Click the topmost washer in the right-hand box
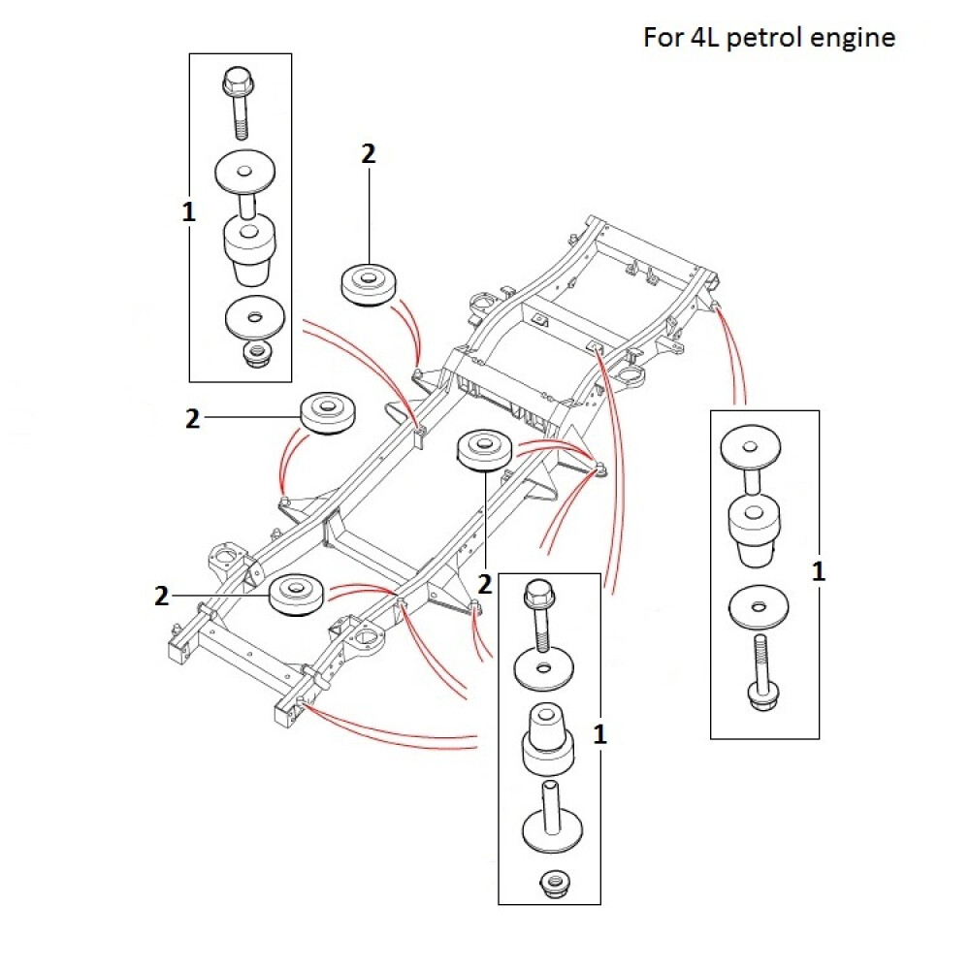point(752,448)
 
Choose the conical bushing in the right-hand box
point(757,529)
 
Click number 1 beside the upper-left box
point(188,212)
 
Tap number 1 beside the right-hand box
point(819,571)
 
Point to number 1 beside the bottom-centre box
point(599,734)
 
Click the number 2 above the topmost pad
point(368,153)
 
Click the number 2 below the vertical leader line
point(485,584)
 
